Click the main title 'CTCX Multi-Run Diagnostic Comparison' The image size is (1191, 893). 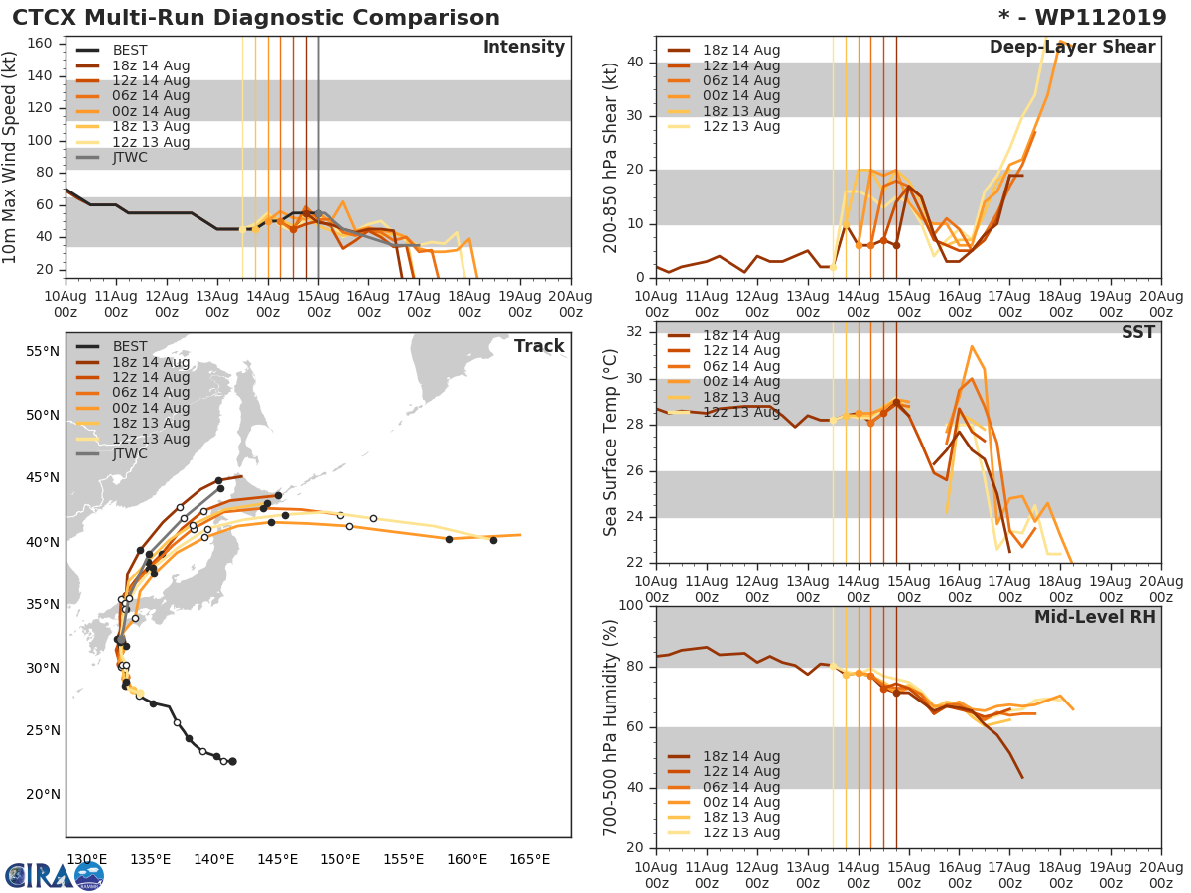click(256, 18)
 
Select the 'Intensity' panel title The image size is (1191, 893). click(523, 48)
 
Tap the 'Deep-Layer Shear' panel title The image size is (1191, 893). click(1072, 48)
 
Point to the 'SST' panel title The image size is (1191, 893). click(1138, 332)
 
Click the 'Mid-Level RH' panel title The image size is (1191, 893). click(1095, 617)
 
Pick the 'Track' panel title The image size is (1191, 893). click(539, 346)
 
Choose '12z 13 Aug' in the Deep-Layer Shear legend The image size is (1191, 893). click(741, 126)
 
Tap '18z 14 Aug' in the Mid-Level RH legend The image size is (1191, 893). click(741, 756)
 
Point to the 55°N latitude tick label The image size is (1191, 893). click(43, 351)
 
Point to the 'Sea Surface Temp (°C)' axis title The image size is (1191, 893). click(610, 444)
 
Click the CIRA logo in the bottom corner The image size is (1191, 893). click(55, 875)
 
